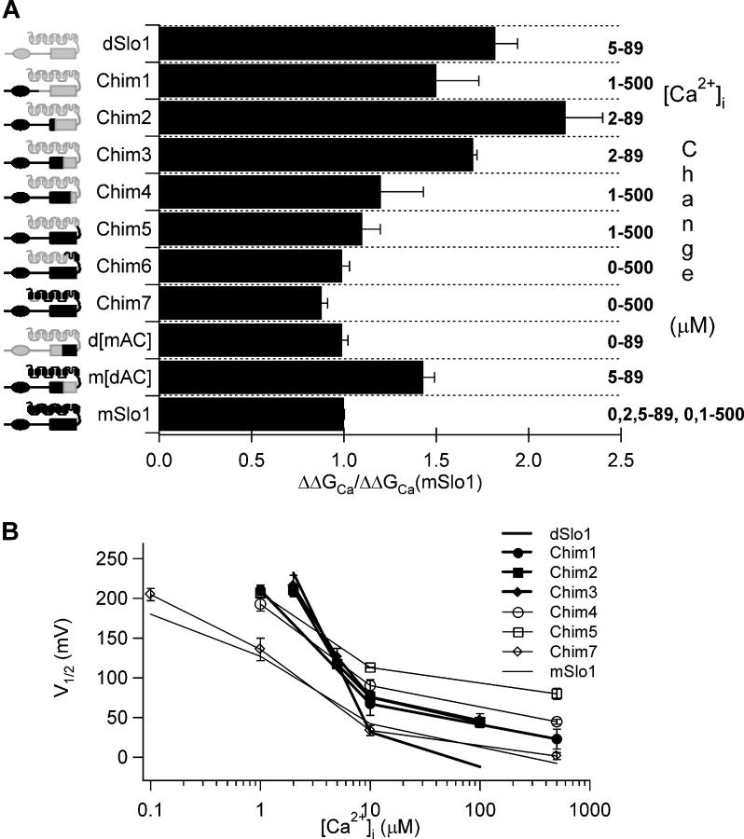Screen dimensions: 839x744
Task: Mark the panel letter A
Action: (11, 10)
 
